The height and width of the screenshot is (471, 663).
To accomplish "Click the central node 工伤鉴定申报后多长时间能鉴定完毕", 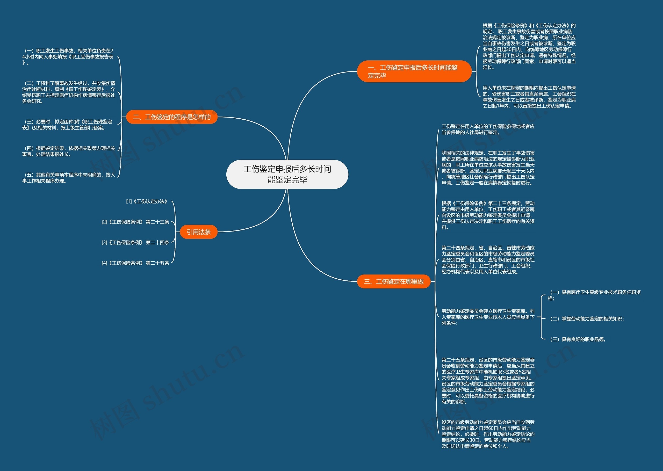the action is [287, 174].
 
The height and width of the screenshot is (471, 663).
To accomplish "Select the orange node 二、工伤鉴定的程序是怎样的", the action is [172, 117].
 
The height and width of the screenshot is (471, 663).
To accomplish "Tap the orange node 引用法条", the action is [199, 232].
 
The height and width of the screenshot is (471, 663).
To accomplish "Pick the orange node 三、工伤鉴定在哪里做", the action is [394, 281].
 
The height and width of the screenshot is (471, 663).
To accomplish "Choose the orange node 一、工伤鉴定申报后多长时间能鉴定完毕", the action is [414, 71].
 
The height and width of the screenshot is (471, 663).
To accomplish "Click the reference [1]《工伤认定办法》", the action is [147, 201].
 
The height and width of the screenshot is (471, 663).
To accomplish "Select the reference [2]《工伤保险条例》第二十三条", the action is [135, 222].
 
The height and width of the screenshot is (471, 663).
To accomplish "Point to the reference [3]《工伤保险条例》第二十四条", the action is [135, 242].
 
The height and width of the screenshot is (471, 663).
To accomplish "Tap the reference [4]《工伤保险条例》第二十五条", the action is [135, 263].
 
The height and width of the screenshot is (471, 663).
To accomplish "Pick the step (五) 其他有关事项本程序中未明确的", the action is [69, 178].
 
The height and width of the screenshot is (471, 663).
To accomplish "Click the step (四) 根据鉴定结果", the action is [69, 151].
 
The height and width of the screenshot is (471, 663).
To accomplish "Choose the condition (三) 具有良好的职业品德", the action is [578, 339].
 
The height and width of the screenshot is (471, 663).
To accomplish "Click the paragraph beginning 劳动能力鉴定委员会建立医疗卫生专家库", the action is [488, 317].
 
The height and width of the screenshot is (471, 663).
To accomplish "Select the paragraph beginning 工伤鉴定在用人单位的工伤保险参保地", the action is [488, 129].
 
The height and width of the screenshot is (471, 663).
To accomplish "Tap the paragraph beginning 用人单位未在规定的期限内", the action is [529, 97].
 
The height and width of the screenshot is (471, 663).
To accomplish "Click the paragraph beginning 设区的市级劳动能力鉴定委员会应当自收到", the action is [488, 434].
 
